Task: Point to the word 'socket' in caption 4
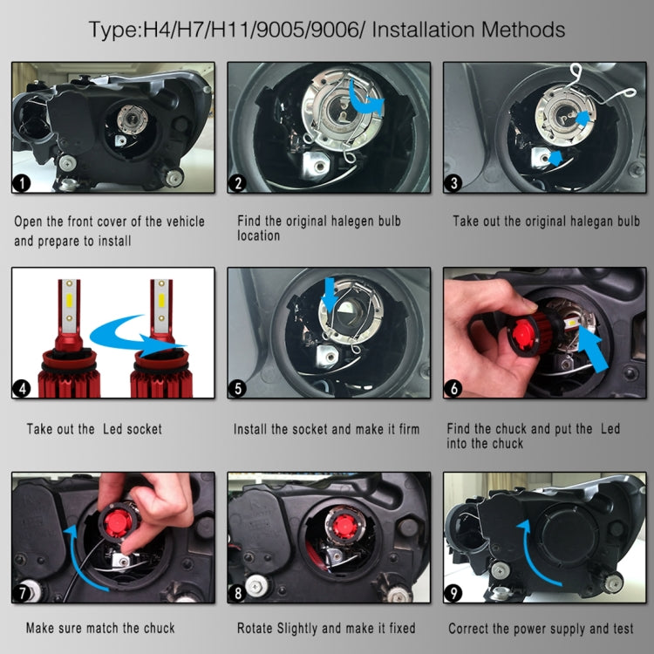[x=140, y=429]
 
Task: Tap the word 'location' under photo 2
[x=259, y=235]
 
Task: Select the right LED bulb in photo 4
[x=160, y=340]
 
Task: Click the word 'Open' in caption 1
[x=29, y=221]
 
